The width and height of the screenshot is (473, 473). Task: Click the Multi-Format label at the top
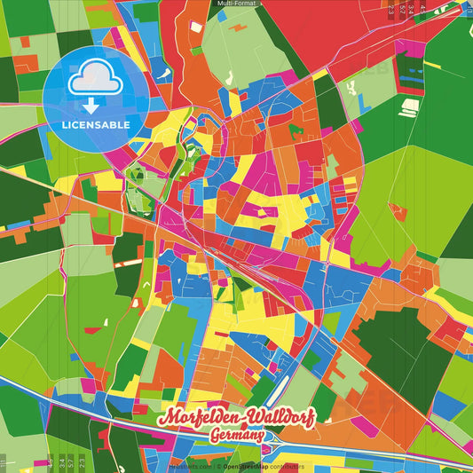click(x=236, y=4)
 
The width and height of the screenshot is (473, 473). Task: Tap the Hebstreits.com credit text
click(x=189, y=465)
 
